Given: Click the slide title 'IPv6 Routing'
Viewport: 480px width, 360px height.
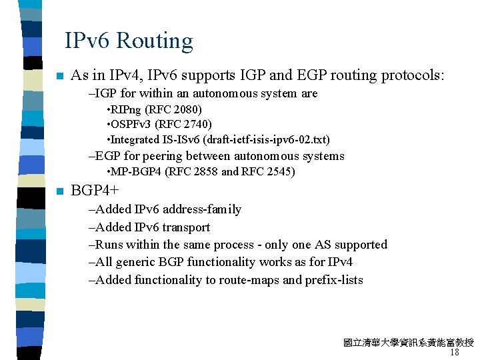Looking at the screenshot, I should [129, 41].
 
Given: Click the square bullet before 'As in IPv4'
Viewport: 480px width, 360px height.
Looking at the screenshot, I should [60, 76].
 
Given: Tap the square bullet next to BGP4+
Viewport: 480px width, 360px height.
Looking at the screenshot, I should [60, 191].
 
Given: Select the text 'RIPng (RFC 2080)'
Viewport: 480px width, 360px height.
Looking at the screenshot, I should [156, 109].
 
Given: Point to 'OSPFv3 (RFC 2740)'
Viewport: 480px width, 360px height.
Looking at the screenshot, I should [161, 124].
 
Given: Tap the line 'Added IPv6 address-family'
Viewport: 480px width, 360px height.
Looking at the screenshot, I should [165, 209].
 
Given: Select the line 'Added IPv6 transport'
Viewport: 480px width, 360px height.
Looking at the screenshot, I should [149, 227].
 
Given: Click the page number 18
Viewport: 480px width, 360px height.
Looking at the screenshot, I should [455, 353].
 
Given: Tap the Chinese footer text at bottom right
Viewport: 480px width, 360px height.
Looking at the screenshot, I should [408, 343].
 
